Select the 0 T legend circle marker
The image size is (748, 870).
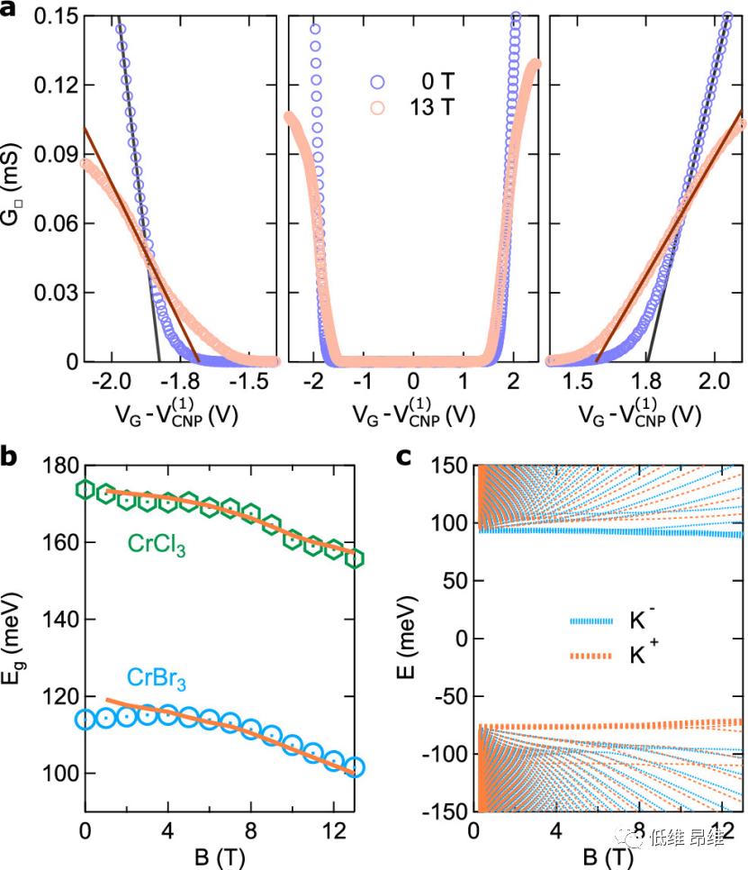point(377,83)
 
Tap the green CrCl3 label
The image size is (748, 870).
point(155,546)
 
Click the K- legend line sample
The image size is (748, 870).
point(591,621)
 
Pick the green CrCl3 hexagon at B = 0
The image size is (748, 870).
point(86,489)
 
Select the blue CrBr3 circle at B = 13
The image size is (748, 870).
point(355,767)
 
